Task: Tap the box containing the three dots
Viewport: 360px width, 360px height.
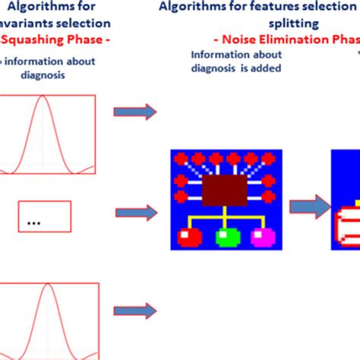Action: [45, 216]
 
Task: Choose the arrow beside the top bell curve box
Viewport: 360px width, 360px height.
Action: [134, 112]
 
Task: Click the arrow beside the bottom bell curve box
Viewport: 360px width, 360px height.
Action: [134, 309]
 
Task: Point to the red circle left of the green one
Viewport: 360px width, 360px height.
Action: [188, 238]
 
